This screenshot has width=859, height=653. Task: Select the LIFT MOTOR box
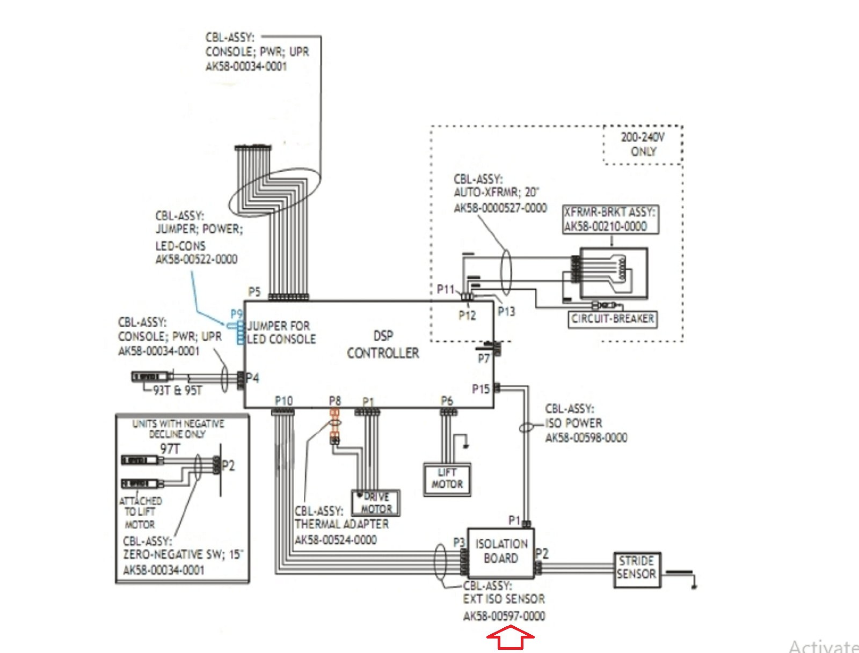click(x=447, y=479)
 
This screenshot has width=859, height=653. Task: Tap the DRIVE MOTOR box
click(x=376, y=503)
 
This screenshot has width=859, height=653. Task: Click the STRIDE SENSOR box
click(x=637, y=568)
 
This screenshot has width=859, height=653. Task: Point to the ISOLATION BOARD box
click(x=501, y=552)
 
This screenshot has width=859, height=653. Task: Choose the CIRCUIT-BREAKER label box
click(x=613, y=319)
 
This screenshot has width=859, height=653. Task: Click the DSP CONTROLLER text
click(x=383, y=344)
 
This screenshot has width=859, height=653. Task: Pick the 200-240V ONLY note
click(x=643, y=144)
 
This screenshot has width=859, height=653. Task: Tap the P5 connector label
click(x=254, y=292)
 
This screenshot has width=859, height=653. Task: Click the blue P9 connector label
click(x=236, y=314)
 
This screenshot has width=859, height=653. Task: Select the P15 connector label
click(x=481, y=389)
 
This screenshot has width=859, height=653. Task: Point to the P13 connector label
click(x=506, y=311)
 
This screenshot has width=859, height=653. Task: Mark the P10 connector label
click(x=283, y=401)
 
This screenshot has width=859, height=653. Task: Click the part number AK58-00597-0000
click(x=504, y=616)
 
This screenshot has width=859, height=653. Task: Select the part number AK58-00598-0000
click(x=586, y=438)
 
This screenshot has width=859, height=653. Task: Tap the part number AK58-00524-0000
click(x=336, y=540)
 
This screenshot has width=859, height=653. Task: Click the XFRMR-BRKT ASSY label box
click(x=610, y=219)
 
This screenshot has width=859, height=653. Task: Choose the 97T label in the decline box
click(x=170, y=449)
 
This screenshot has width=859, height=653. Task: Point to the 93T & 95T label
click(x=177, y=390)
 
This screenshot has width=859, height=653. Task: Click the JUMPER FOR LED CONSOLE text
click(x=281, y=333)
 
